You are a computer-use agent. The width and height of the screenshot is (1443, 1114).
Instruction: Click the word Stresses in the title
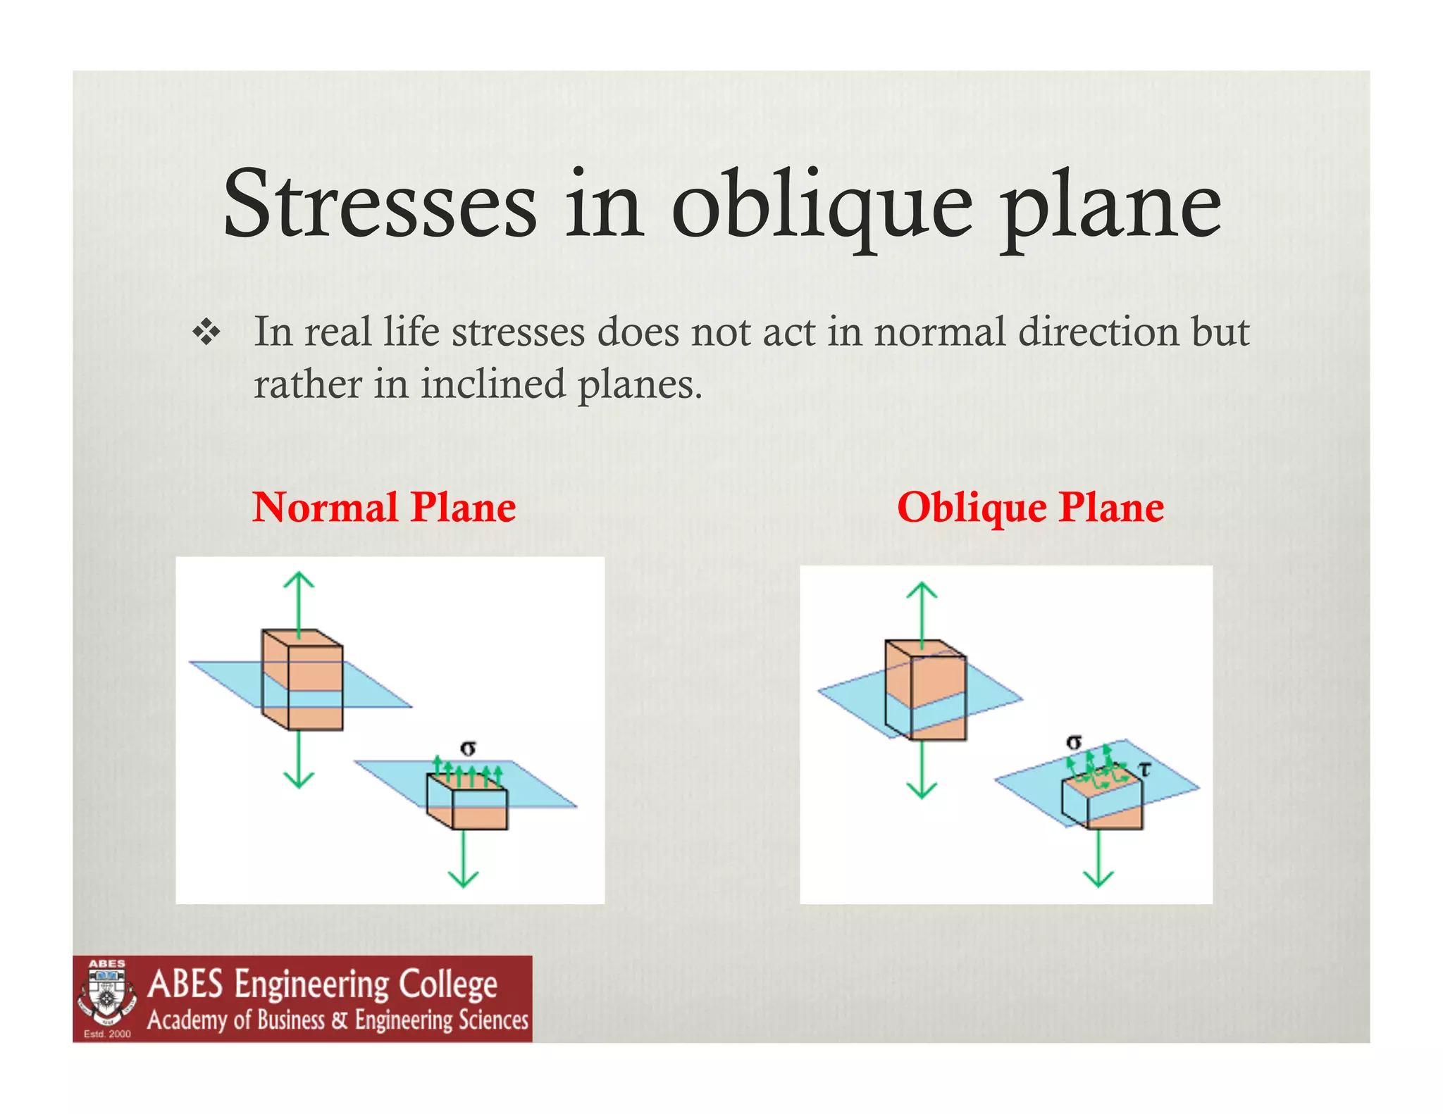380,204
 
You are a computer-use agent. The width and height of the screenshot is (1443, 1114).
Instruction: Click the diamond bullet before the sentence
206,332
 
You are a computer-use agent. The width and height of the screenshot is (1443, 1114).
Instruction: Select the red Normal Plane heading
384,507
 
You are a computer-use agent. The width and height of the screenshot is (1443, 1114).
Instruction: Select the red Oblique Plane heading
1030,507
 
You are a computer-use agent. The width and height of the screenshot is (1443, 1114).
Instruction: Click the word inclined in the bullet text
493,384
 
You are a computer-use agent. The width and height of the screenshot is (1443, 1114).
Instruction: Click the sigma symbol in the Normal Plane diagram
468,748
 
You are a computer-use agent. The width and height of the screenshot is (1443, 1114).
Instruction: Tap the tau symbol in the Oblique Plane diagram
1145,770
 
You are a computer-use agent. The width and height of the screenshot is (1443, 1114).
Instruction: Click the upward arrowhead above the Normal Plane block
299,579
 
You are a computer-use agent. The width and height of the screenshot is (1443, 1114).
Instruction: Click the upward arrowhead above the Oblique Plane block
922,589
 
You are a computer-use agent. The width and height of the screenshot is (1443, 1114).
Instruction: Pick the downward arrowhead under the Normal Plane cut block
464,880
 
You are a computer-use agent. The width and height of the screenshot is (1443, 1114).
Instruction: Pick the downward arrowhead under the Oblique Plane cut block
1098,879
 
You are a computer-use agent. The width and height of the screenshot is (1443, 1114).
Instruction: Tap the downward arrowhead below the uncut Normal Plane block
299,780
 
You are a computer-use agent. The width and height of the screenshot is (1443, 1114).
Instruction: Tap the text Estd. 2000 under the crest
107,1034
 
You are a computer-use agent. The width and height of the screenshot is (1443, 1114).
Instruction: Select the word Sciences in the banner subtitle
493,1020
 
